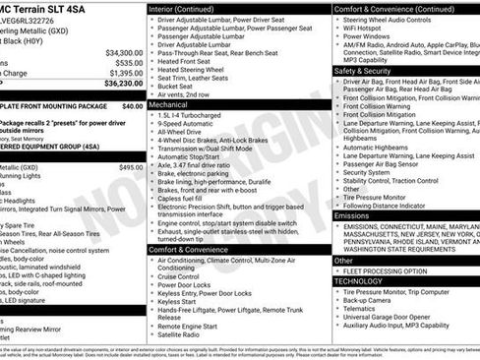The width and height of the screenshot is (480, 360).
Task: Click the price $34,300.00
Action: [x=124, y=52]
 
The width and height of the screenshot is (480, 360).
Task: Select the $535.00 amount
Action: [x=128, y=62]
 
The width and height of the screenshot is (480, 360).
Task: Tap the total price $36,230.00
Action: [x=124, y=84]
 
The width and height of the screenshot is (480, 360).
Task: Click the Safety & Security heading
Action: [x=363, y=71]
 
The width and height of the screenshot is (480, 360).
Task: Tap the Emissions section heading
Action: [x=352, y=214]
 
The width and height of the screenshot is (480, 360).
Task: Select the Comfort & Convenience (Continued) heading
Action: [x=390, y=8]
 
